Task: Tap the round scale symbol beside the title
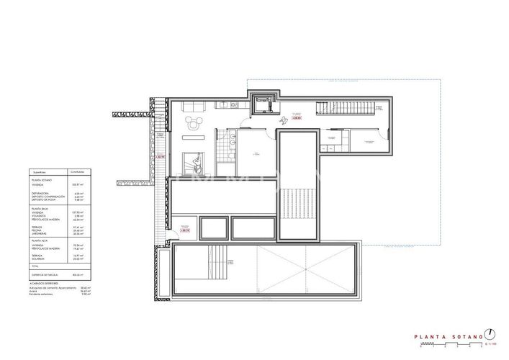coord(490,333)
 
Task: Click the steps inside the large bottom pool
coord(213,257)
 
